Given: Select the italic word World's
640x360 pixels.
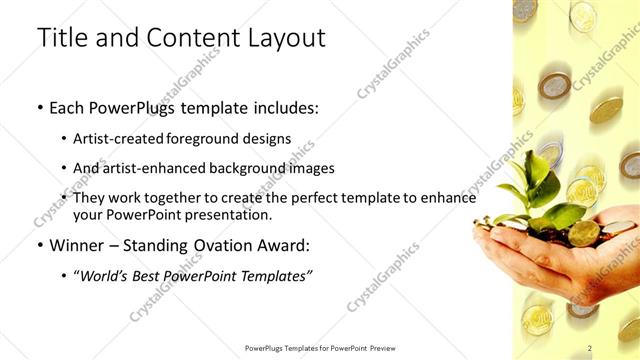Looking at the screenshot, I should point(107,275).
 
